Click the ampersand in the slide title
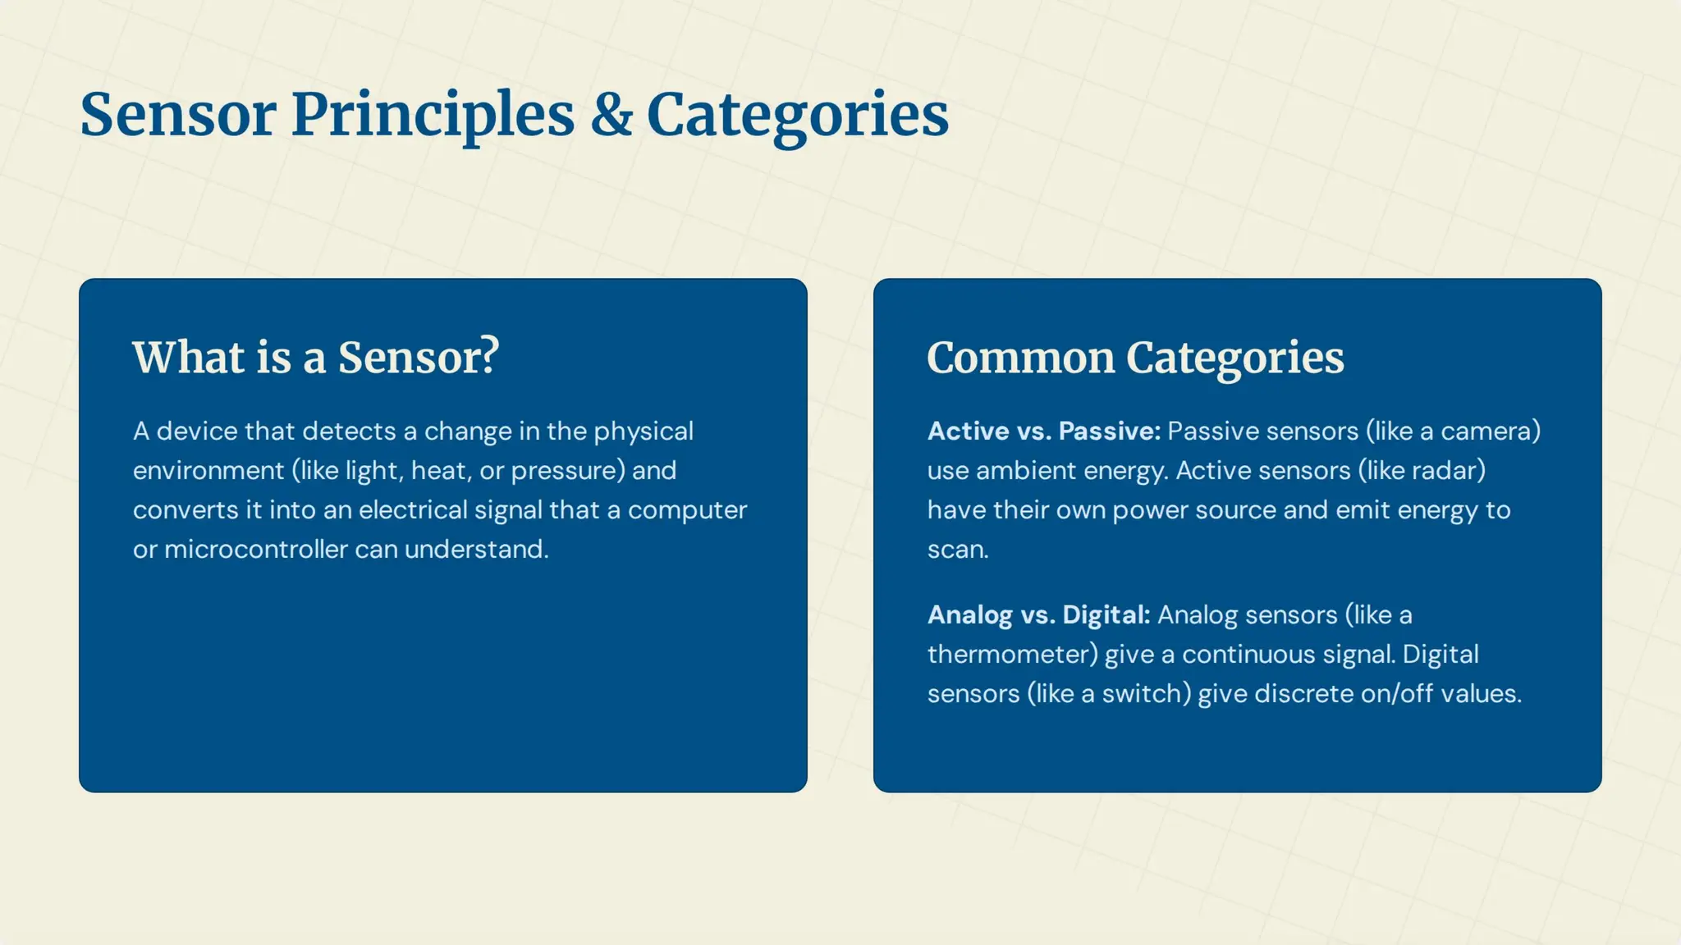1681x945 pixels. coord(611,115)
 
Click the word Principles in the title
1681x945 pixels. coord(433,115)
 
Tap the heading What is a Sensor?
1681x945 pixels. coord(316,358)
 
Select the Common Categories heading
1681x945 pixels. coord(1135,358)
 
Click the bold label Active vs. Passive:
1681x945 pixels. coord(1043,431)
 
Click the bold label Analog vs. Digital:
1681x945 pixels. coord(1038,615)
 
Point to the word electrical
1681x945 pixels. coord(413,510)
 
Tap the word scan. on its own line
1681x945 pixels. coord(958,550)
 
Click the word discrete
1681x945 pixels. coord(1303,694)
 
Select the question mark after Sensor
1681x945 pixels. coord(490,358)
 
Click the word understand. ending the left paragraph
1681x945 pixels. coord(476,550)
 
